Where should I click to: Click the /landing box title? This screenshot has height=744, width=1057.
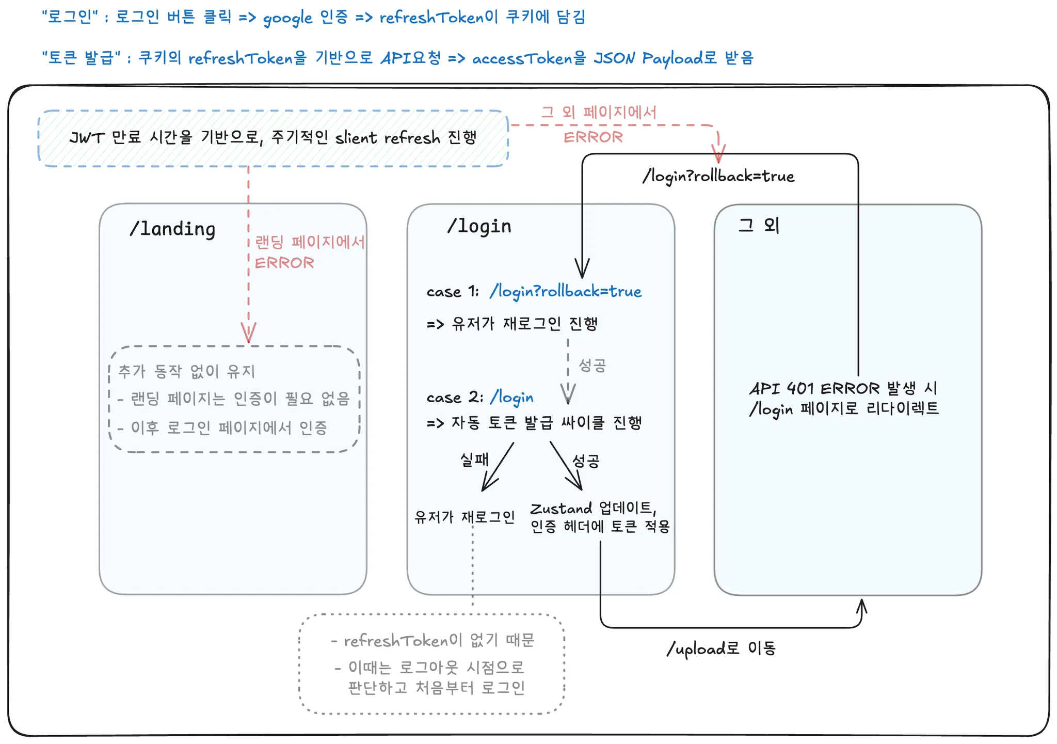[172, 229]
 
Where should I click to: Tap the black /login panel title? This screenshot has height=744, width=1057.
[479, 226]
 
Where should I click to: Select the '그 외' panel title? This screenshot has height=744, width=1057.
[758, 225]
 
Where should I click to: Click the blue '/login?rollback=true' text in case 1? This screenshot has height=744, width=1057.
[566, 292]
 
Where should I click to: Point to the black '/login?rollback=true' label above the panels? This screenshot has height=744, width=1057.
[718, 177]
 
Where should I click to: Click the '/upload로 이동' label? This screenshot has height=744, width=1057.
[721, 648]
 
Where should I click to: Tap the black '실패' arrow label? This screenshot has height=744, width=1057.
[474, 459]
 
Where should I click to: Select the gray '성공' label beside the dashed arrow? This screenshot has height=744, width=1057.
[592, 366]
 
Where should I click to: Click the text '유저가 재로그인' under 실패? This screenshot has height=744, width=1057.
[465, 517]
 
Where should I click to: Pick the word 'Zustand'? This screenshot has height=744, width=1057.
[561, 509]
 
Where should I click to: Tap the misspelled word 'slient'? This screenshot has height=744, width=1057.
[356, 138]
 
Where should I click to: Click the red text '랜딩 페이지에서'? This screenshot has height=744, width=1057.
[310, 242]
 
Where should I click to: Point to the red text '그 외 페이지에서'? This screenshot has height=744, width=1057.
[599, 112]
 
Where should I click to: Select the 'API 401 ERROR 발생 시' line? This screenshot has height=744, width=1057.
[843, 388]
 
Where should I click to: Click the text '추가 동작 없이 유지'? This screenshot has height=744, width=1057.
[187, 371]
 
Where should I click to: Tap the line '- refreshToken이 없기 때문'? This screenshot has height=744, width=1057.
[433, 641]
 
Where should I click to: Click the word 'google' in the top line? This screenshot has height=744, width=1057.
[287, 18]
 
